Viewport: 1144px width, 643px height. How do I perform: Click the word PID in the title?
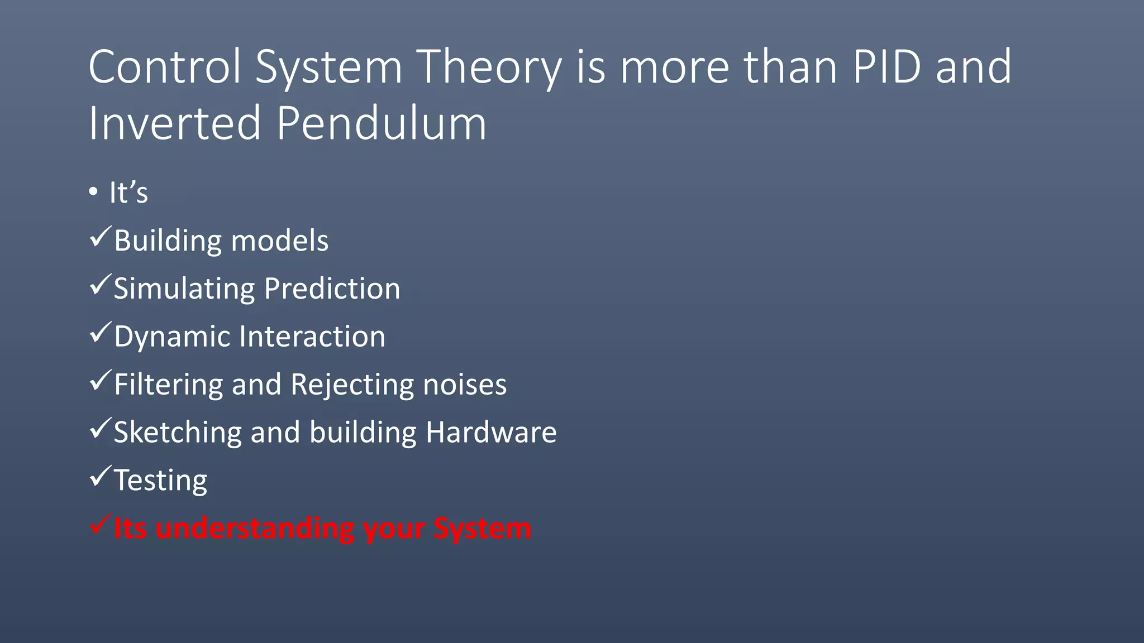886,67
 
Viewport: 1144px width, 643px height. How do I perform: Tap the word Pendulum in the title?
382,123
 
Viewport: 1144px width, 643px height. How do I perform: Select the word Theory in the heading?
490,67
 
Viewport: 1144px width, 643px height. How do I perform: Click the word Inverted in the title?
175,123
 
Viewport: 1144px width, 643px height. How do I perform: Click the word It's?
128,193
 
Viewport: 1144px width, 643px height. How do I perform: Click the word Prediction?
332,289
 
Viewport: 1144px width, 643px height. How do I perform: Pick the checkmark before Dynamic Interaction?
101,333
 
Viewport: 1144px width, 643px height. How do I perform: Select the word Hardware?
491,433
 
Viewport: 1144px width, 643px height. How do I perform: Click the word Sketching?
177,433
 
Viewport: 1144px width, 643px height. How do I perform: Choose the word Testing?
160,481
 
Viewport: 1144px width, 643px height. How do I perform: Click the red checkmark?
101,525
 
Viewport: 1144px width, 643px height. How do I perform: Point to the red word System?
482,528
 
